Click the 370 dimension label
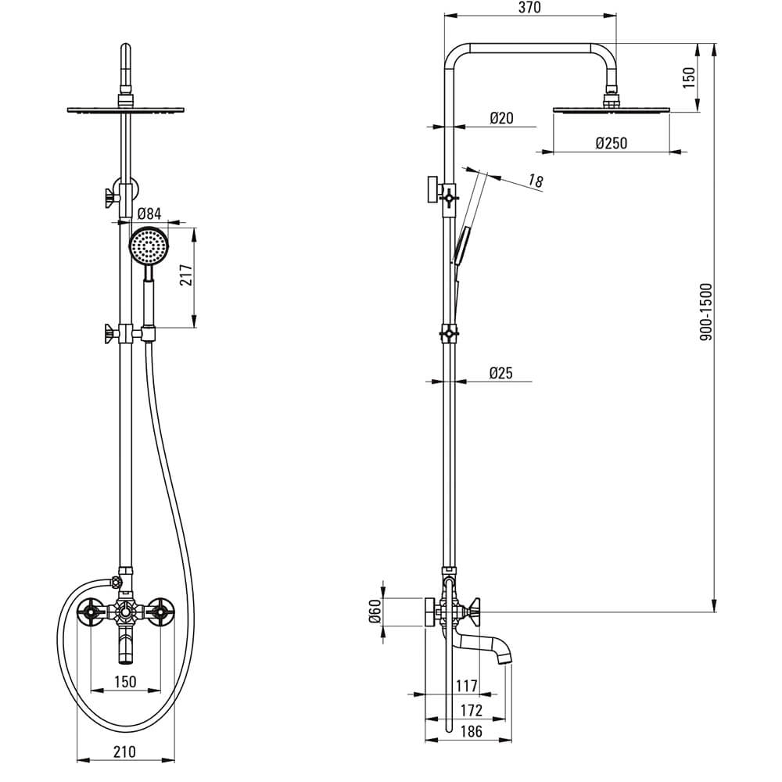point(529,8)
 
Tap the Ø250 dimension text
point(611,143)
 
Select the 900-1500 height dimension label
point(706,312)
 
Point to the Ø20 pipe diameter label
point(501,118)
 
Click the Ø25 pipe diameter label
point(500,373)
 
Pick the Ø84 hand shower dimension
point(149,214)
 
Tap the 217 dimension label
point(186,274)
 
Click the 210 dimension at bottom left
point(124,751)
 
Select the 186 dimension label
point(472,731)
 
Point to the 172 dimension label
point(472,710)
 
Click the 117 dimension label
point(466,687)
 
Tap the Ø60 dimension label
point(375,611)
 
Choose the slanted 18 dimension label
point(535,181)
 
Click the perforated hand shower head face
point(149,246)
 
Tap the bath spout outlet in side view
point(505,658)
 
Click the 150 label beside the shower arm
point(688,77)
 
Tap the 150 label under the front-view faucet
point(124,681)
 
